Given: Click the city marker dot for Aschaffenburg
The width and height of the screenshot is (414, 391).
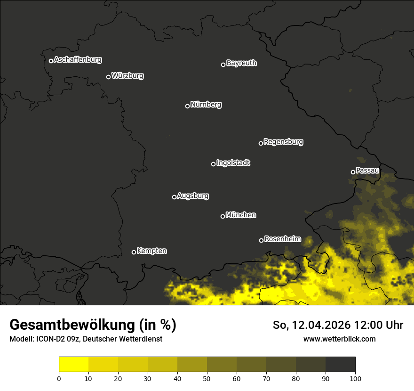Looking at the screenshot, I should pyautogui.click(x=51, y=61).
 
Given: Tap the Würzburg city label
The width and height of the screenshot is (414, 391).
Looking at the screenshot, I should pyautogui.click(x=127, y=76).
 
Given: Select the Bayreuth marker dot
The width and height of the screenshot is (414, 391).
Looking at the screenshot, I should pyautogui.click(x=223, y=65).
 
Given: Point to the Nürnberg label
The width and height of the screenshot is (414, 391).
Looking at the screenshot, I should pyautogui.click(x=206, y=105).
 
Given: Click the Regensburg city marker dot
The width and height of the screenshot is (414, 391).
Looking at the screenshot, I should pyautogui.click(x=261, y=143).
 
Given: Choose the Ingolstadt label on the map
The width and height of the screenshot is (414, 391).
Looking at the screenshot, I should pyautogui.click(x=233, y=163).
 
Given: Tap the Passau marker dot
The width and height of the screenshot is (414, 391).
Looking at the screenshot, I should pyautogui.click(x=353, y=172).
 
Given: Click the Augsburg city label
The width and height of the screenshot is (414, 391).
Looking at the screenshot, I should pyautogui.click(x=193, y=196).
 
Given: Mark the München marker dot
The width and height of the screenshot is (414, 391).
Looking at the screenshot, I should pyautogui.click(x=223, y=216).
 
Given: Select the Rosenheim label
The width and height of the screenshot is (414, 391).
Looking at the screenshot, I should pyautogui.click(x=282, y=239).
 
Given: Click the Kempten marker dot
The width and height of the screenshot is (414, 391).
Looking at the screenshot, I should pyautogui.click(x=134, y=252).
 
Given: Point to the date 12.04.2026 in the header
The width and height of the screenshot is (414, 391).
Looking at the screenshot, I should pyautogui.click(x=319, y=325).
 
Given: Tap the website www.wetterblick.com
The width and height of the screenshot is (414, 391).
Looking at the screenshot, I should pyautogui.click(x=339, y=339).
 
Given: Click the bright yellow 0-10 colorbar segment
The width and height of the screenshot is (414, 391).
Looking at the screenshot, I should pyautogui.click(x=73, y=364).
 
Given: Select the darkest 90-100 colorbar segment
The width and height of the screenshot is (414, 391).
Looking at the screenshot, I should pyautogui.click(x=340, y=364).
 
